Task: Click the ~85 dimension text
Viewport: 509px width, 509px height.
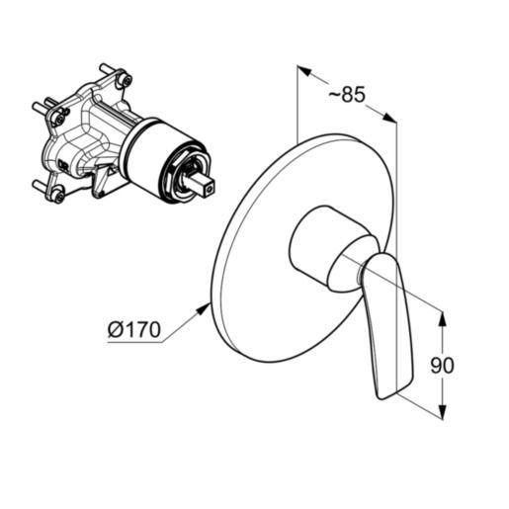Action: click(x=347, y=95)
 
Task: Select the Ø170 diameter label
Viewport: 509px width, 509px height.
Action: click(x=134, y=329)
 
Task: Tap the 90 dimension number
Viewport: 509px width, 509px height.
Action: click(x=442, y=365)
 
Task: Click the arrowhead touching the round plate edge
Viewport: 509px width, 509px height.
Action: click(x=203, y=310)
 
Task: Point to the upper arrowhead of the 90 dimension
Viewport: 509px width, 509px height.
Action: click(x=443, y=319)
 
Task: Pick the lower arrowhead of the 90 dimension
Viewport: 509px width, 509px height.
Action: click(x=443, y=411)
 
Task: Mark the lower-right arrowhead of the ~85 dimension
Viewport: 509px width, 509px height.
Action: click(x=389, y=118)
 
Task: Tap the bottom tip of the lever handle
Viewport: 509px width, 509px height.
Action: click(x=382, y=398)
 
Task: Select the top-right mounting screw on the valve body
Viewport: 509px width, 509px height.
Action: click(x=126, y=80)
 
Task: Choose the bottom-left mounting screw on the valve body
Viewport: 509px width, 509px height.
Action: click(x=58, y=196)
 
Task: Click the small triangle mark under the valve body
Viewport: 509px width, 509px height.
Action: click(x=113, y=171)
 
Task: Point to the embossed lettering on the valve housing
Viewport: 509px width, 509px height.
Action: click(x=62, y=164)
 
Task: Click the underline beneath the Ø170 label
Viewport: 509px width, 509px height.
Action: click(x=134, y=343)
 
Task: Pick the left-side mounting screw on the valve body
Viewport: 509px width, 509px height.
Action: click(x=58, y=118)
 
